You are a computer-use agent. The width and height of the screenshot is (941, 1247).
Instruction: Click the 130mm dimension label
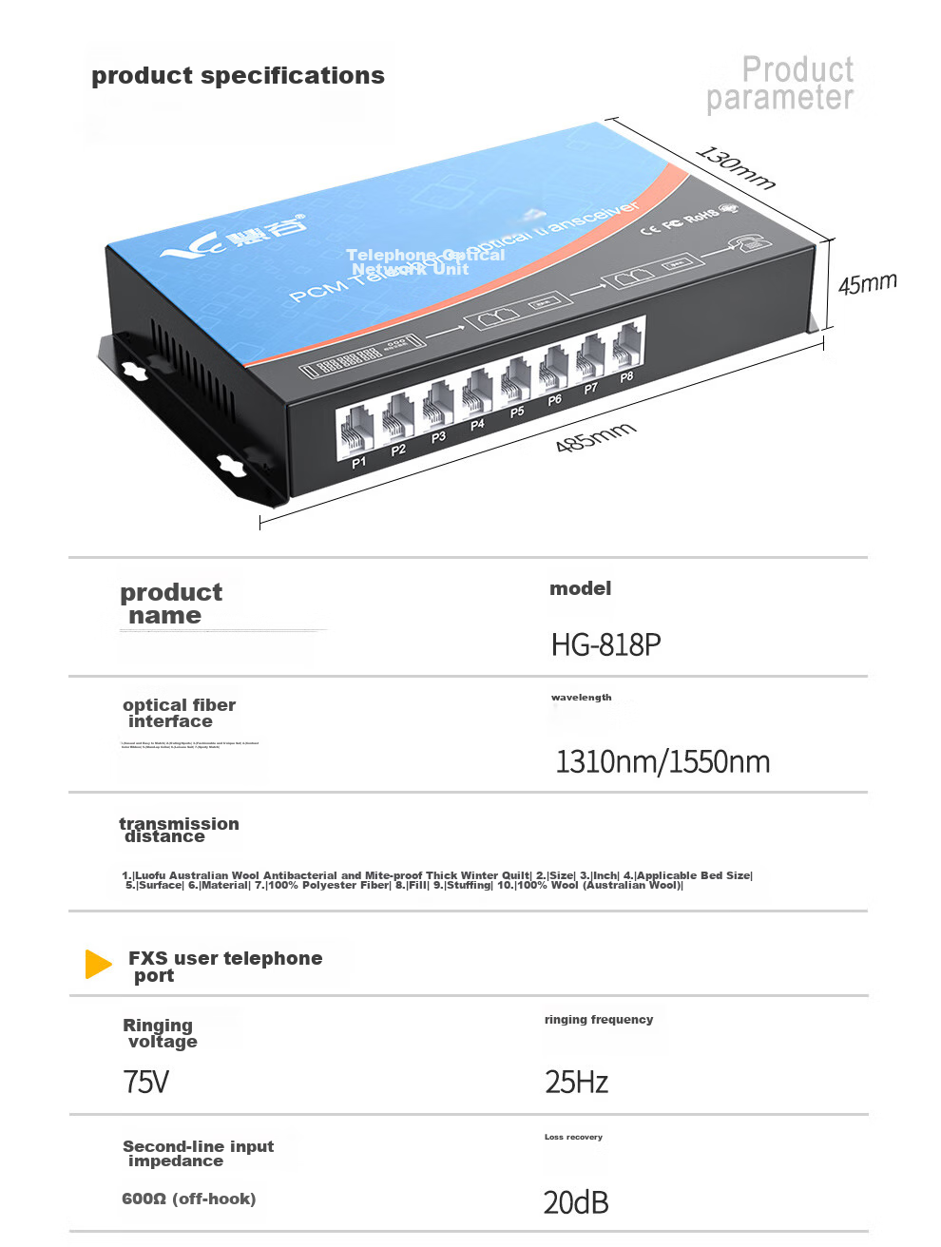point(736,168)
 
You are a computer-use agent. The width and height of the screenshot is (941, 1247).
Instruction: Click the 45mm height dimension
point(867,283)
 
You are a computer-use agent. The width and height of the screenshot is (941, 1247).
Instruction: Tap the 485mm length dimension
point(595,437)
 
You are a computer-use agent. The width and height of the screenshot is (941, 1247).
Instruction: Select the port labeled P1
point(358,463)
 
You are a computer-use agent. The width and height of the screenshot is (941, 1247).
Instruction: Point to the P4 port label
point(477,424)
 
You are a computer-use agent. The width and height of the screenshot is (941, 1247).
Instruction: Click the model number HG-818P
point(605,645)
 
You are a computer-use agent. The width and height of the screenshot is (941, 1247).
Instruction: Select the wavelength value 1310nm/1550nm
point(663,761)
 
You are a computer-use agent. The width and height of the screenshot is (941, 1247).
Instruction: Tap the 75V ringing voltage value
point(145,1082)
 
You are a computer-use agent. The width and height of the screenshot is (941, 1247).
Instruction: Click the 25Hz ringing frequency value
point(576,1082)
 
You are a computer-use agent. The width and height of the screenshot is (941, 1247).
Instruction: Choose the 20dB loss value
point(576,1202)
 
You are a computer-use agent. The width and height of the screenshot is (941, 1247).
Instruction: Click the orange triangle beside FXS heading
point(98,964)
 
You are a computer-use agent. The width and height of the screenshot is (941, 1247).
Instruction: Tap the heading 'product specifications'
point(238,76)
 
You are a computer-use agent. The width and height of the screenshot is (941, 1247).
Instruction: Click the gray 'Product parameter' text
point(780,84)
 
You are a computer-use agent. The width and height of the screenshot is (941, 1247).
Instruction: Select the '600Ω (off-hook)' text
point(188,1199)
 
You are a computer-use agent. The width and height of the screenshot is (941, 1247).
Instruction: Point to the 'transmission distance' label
point(179,830)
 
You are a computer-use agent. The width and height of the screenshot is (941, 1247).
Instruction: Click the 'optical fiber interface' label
point(179,713)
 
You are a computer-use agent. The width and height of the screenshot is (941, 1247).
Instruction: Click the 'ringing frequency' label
point(599,1020)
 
